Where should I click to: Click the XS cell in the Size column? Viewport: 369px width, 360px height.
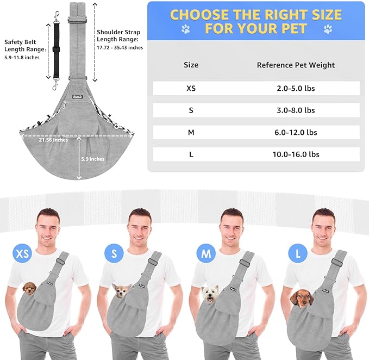[x=191, y=88]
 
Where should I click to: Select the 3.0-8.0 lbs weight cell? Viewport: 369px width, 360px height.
[x=296, y=110]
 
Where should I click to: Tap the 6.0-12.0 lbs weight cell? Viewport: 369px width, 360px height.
[x=296, y=132]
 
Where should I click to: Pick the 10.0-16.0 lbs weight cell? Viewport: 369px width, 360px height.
[x=296, y=154]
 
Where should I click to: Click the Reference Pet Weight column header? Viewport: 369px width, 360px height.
[x=296, y=65]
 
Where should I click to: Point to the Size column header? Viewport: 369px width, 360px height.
[x=191, y=65]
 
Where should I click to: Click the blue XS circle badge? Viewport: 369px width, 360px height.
[x=22, y=253]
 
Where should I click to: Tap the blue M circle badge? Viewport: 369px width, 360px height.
[x=206, y=253]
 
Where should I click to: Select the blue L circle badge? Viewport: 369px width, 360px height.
[x=298, y=253]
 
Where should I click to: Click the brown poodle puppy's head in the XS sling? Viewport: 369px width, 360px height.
[x=30, y=288]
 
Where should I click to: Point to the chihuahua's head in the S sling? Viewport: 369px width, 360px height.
[x=122, y=291]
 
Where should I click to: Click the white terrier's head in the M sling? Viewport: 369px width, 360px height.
[x=210, y=294]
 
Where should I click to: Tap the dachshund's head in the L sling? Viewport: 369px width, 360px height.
[x=302, y=299]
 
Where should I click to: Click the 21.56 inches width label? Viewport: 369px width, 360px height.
[x=53, y=140]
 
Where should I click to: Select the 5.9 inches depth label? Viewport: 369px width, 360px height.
[x=93, y=159]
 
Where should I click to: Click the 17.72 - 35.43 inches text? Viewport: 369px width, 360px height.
[x=120, y=47]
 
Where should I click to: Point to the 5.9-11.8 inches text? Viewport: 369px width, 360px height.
[x=22, y=58]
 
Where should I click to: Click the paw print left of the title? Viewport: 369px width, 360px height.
[x=186, y=29]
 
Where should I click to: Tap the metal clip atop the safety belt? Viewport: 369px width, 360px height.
[x=57, y=17]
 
